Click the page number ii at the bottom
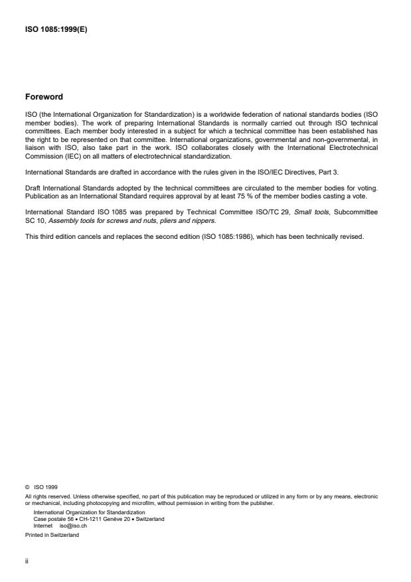coord(26,560)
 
